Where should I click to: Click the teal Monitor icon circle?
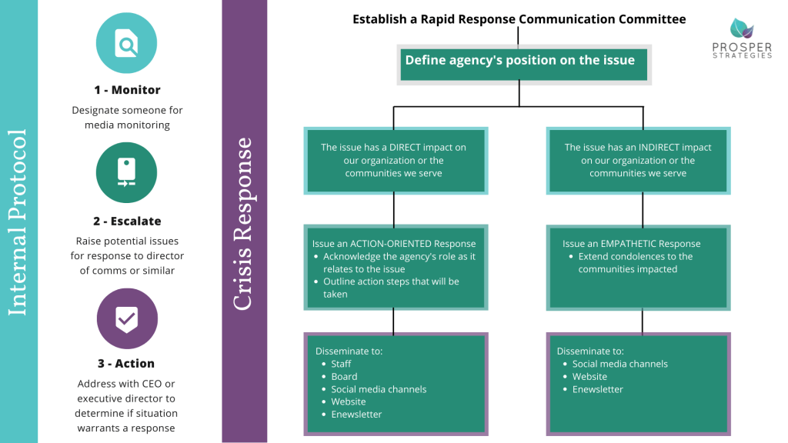click(127, 44)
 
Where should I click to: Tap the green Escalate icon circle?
click(127, 173)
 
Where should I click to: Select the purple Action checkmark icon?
click(127, 318)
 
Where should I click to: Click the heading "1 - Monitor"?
click(127, 90)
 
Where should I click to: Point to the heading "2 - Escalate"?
click(127, 221)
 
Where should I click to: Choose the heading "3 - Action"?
click(127, 364)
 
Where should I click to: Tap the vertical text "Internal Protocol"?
click(18, 221)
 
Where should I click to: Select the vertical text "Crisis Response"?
click(243, 223)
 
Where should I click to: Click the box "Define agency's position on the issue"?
click(520, 61)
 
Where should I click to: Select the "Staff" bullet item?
click(341, 365)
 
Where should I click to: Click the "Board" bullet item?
click(344, 377)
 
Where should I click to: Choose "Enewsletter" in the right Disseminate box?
click(598, 390)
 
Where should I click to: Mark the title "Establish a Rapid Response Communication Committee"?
click(519, 19)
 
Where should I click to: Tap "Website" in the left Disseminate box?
click(349, 402)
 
